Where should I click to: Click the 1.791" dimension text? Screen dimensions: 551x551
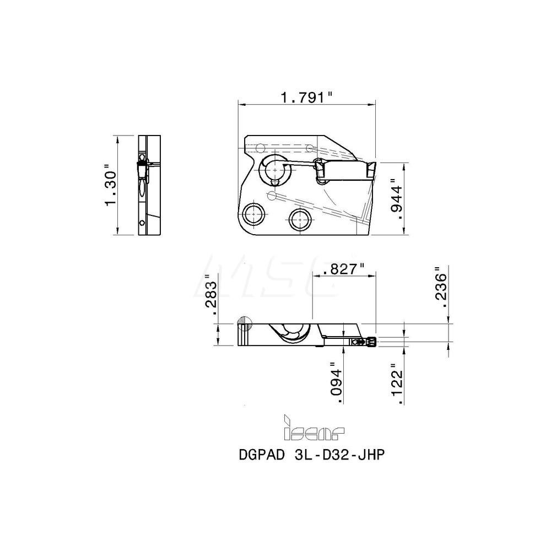307,97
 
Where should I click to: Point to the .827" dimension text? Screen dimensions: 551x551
344,269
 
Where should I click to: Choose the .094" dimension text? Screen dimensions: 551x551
336,381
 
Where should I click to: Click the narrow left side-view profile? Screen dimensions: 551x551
149,185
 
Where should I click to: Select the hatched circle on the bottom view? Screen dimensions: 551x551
243,322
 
